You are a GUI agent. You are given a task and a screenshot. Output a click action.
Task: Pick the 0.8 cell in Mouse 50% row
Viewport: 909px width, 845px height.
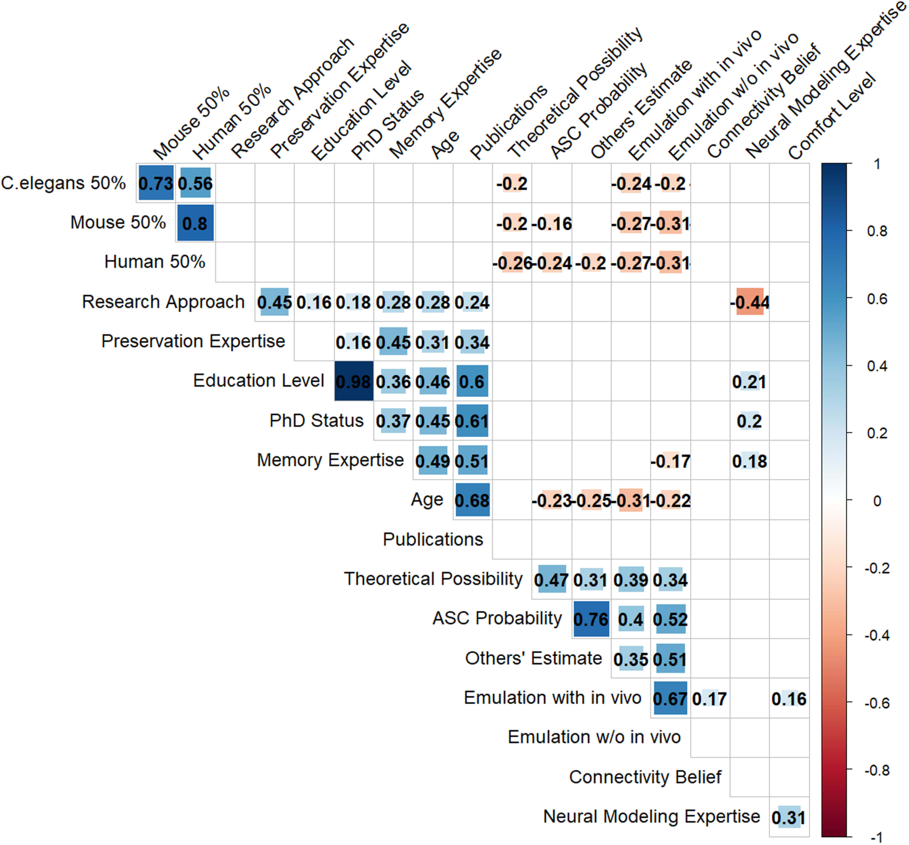pyautogui.click(x=195, y=223)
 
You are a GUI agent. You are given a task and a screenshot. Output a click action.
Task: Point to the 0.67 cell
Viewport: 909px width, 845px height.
pyautogui.click(x=670, y=698)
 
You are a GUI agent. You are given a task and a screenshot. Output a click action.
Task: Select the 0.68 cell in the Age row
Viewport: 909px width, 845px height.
pyautogui.click(x=472, y=500)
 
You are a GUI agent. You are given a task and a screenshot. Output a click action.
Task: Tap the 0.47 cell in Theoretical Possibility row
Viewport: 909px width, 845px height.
pyautogui.click(x=552, y=580)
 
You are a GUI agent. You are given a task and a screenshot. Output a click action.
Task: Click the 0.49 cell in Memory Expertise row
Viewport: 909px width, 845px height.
pyautogui.click(x=432, y=461)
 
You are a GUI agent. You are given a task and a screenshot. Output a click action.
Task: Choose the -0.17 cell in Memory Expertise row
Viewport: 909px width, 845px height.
pyautogui.click(x=670, y=461)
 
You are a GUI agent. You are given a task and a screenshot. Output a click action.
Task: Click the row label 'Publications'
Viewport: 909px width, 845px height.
pyautogui.click(x=432, y=540)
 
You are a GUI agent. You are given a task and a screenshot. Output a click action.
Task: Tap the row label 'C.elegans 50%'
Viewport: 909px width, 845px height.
pyautogui.click(x=63, y=183)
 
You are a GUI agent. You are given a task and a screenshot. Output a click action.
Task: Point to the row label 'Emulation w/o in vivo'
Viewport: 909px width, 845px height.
pyautogui.click(x=594, y=737)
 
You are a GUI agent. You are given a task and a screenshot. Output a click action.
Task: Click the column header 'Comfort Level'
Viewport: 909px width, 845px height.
pyautogui.click(x=832, y=117)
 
